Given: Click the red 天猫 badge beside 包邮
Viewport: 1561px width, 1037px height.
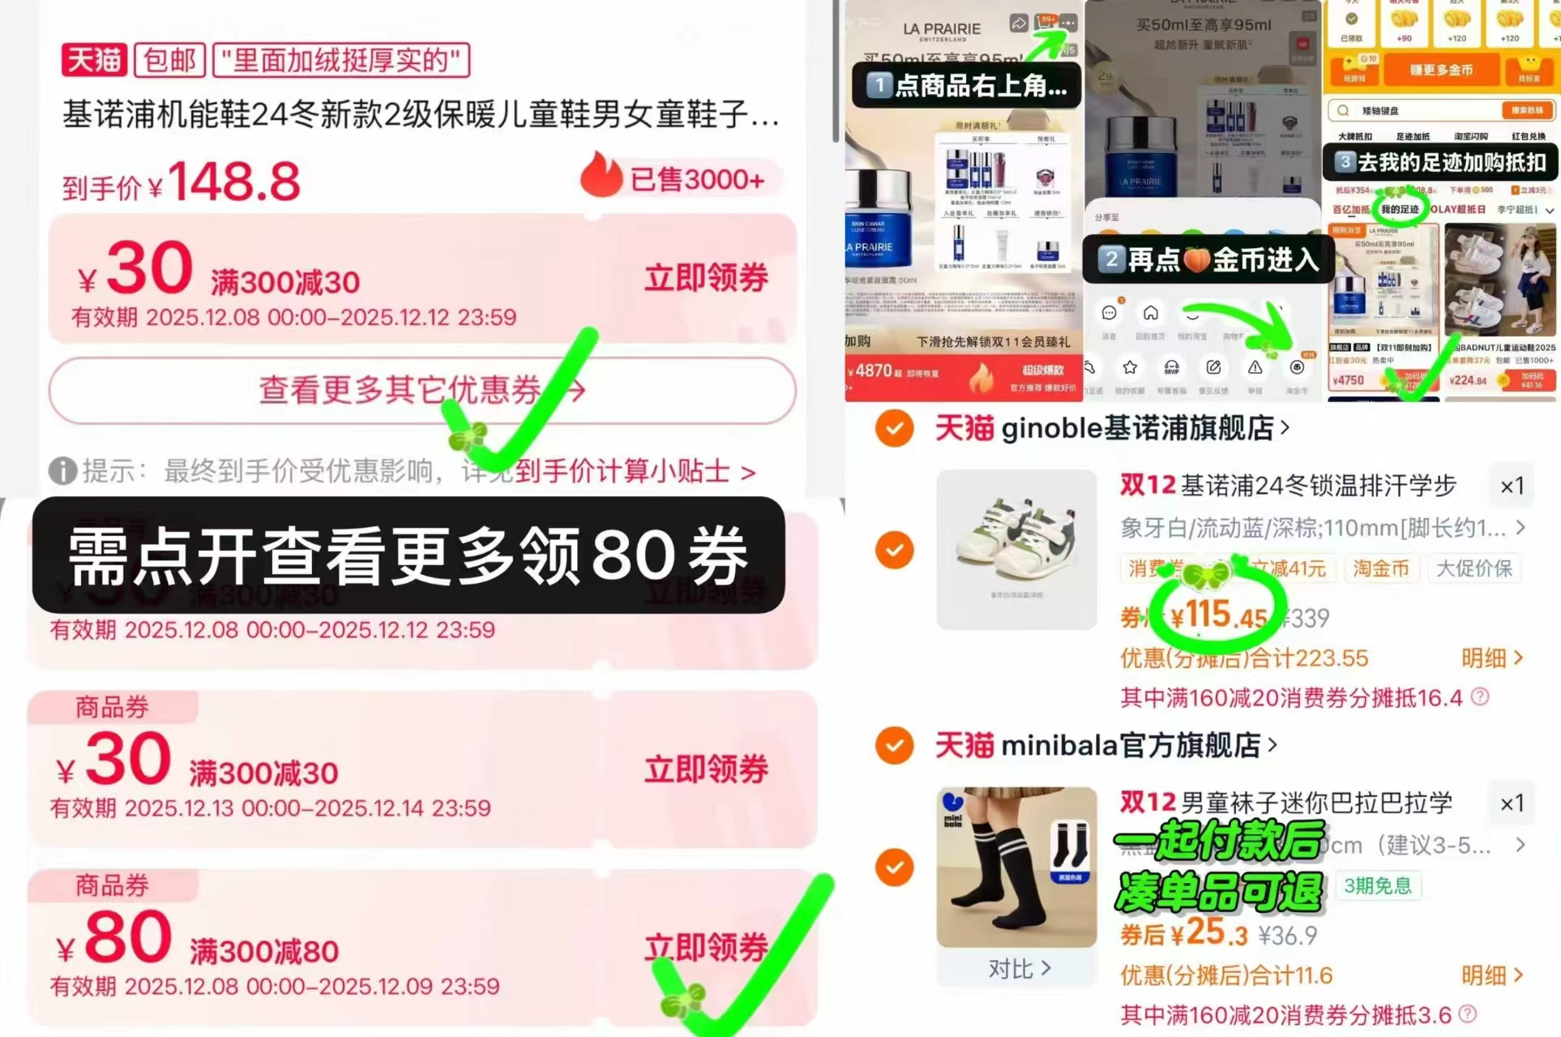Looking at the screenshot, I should (x=94, y=60).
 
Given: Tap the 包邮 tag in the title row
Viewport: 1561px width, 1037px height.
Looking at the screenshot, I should (x=169, y=60).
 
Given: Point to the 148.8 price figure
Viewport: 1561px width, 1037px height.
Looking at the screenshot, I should (x=233, y=182).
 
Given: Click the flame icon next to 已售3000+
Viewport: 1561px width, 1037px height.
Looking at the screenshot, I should (x=601, y=175).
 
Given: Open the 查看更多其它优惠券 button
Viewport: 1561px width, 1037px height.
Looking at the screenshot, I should (x=421, y=391).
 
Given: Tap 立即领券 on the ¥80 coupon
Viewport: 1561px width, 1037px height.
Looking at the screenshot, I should (x=706, y=947).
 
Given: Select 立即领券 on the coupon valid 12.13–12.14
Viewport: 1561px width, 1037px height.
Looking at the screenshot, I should (x=706, y=769).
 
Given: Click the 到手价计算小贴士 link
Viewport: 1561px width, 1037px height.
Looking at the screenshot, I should (x=635, y=471).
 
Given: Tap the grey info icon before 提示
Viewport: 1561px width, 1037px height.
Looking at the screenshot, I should (x=62, y=471).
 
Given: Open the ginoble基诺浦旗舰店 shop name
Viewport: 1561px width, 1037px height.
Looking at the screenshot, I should (x=1137, y=428).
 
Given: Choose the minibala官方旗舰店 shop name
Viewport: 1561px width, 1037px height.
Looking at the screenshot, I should (x=1131, y=745).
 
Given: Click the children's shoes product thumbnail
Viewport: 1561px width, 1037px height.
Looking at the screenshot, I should (x=1016, y=549).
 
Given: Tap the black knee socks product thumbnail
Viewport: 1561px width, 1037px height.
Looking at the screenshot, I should (x=1016, y=866).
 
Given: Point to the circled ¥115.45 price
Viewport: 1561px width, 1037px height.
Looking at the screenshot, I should (x=1218, y=616).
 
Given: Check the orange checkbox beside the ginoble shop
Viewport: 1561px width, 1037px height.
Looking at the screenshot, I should (x=895, y=428).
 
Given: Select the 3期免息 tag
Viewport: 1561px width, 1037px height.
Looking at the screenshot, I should (x=1377, y=885).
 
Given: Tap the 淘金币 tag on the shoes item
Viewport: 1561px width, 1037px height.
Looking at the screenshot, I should (x=1380, y=569).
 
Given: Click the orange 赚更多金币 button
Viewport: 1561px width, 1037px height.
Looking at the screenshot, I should (x=1441, y=71).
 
